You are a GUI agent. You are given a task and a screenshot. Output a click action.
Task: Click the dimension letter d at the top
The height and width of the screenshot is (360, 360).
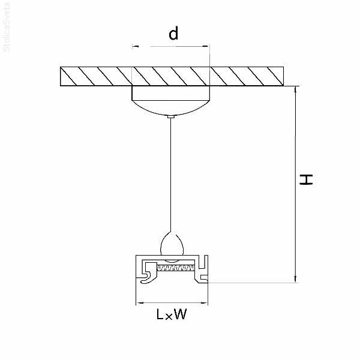[x=173, y=34]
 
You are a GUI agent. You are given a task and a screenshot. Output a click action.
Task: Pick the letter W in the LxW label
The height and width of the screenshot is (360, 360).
[x=179, y=314]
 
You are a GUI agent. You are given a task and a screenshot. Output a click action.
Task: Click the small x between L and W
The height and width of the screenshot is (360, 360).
[x=169, y=316]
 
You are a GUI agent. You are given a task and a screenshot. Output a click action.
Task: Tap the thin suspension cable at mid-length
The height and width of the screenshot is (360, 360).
[x=171, y=174]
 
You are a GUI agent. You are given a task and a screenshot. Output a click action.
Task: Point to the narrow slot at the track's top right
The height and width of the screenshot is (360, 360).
[x=204, y=262]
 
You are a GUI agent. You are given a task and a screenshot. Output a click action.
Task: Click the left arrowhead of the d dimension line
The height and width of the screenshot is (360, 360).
[x=134, y=46]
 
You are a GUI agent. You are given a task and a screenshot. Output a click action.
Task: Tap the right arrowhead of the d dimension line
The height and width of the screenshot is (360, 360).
[x=207, y=46]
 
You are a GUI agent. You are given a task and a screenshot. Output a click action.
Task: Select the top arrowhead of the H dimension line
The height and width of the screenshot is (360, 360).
[x=295, y=89]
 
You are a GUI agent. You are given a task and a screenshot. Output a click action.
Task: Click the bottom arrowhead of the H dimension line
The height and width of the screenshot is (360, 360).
[x=295, y=278]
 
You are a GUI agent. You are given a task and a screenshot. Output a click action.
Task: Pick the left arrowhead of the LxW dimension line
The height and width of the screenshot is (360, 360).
[x=139, y=302]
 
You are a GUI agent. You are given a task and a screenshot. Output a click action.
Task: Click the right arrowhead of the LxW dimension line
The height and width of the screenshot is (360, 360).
[x=206, y=302]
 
